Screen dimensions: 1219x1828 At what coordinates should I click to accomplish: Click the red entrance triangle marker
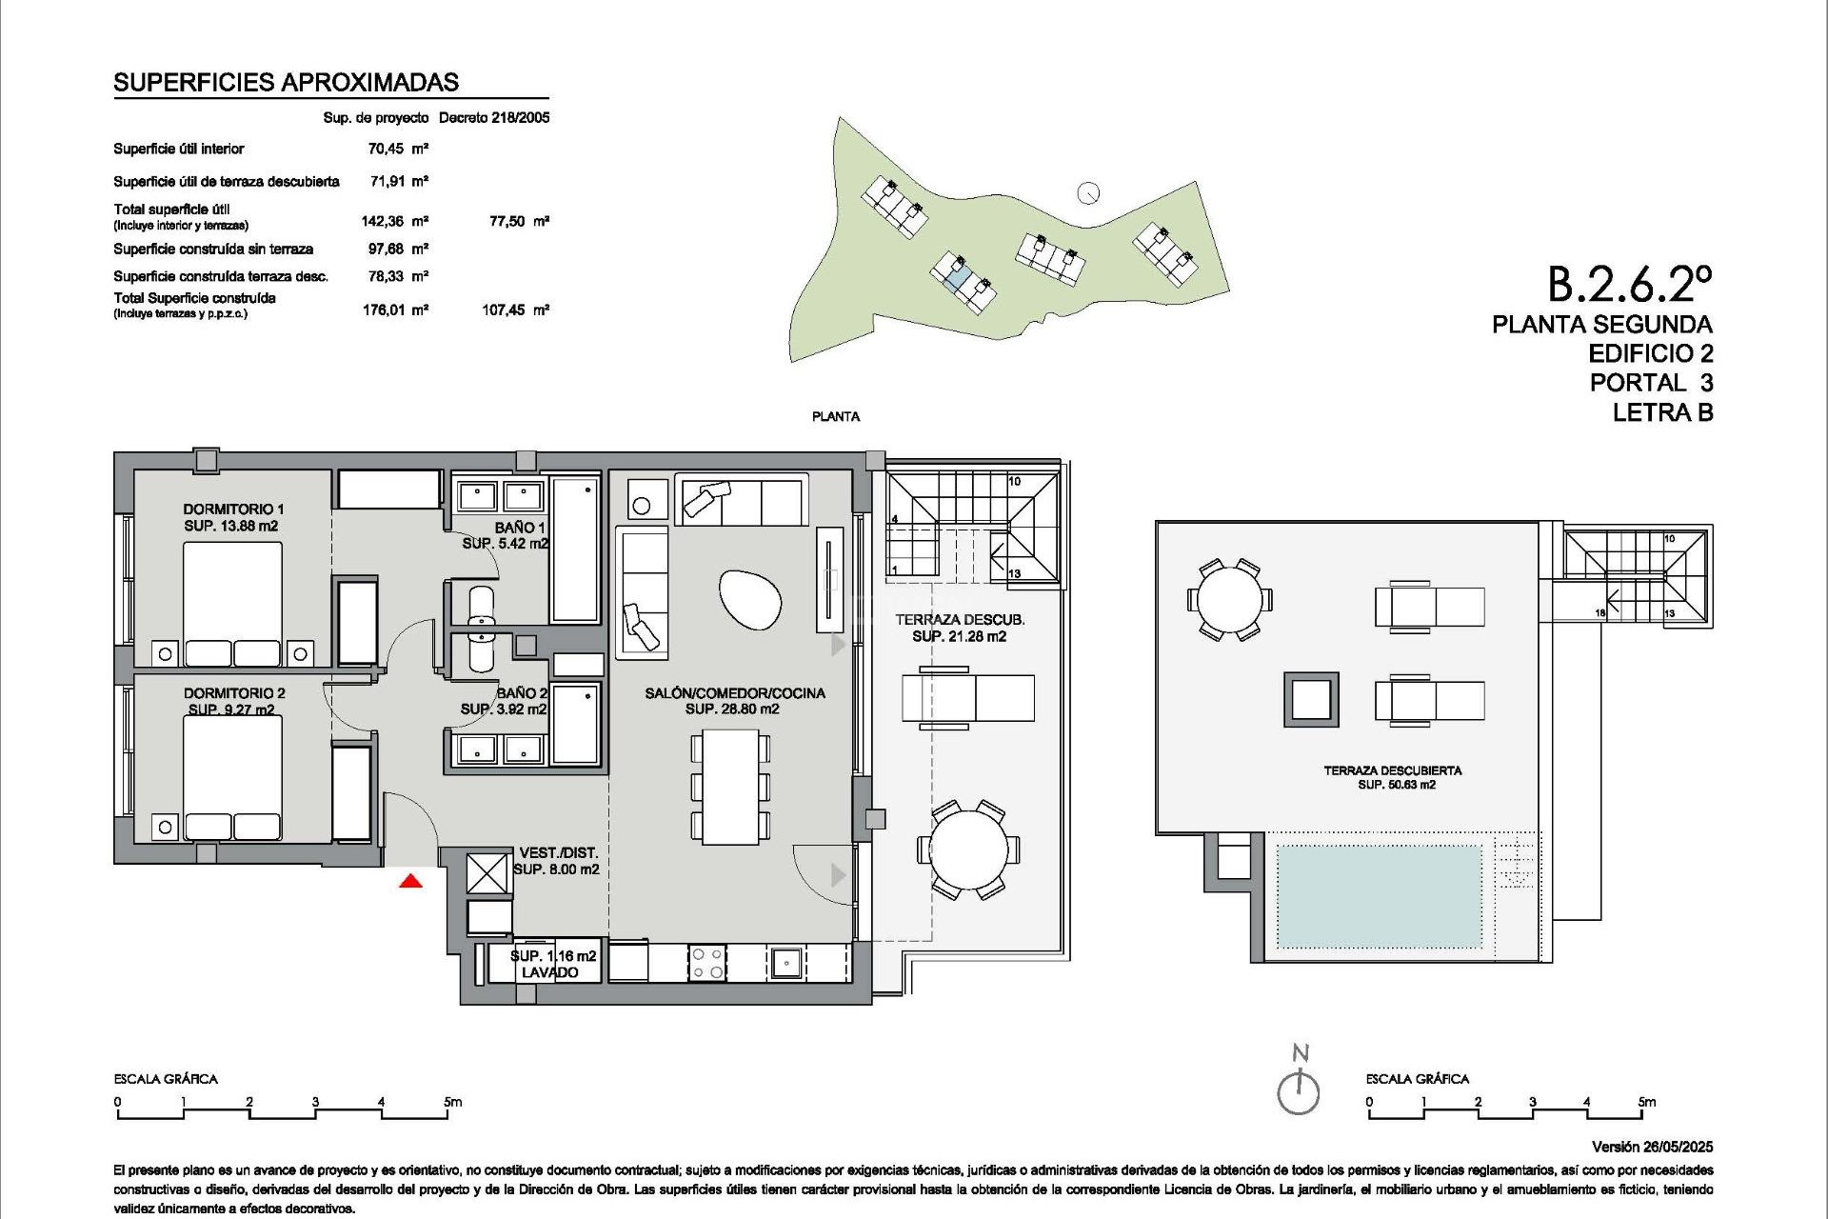(x=410, y=882)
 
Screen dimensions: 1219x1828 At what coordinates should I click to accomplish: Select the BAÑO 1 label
(x=519, y=528)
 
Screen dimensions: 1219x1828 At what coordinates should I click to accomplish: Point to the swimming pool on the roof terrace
(x=1378, y=895)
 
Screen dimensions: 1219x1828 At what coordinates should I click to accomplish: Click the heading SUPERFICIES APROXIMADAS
(x=286, y=83)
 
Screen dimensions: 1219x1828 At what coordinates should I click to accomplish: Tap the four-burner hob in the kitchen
(x=707, y=961)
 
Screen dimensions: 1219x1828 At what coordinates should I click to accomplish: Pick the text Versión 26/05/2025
(x=1651, y=1147)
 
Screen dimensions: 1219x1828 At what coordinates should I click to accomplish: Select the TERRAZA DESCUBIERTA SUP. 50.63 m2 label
(x=1392, y=777)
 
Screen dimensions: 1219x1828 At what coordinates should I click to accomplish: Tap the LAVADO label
(x=549, y=972)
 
